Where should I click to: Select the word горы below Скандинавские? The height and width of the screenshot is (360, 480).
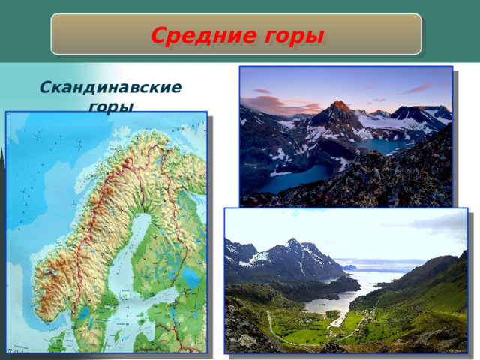110,106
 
